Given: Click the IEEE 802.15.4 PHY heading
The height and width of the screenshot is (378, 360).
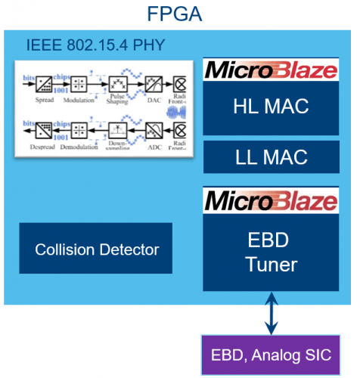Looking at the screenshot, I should point(96,45).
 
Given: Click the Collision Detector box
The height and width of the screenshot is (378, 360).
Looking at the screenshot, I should point(95,249).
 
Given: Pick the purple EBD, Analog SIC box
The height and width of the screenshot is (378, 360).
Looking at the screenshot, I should point(271,355).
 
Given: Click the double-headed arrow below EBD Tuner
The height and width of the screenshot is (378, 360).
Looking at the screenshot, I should point(271,314).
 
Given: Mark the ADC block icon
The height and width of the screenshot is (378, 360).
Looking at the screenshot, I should point(154,130).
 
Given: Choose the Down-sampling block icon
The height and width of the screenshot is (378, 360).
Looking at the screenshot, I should point(119,130).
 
